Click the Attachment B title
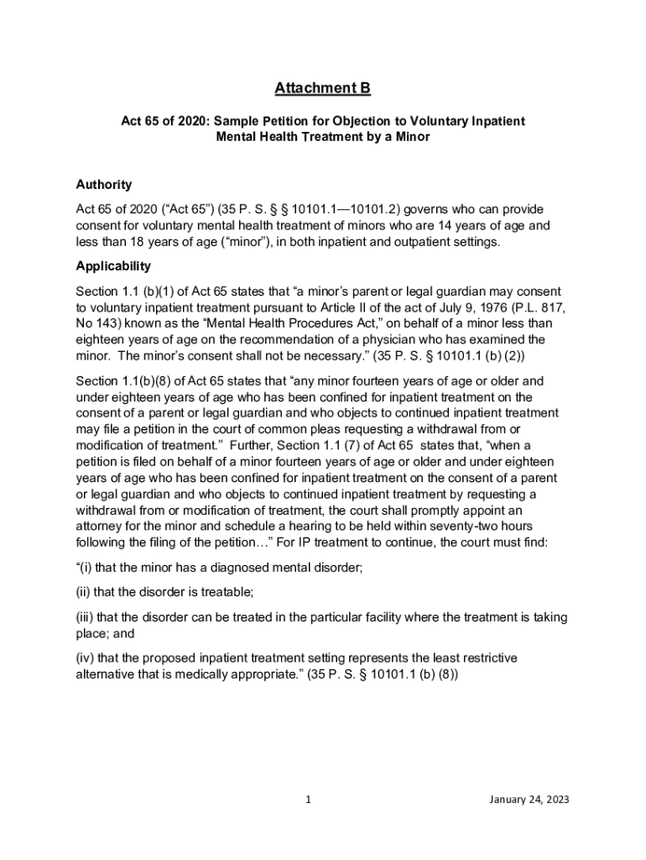tap(323, 88)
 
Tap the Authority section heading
tap(103, 185)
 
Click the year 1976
tap(442, 307)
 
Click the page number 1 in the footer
tap(309, 800)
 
